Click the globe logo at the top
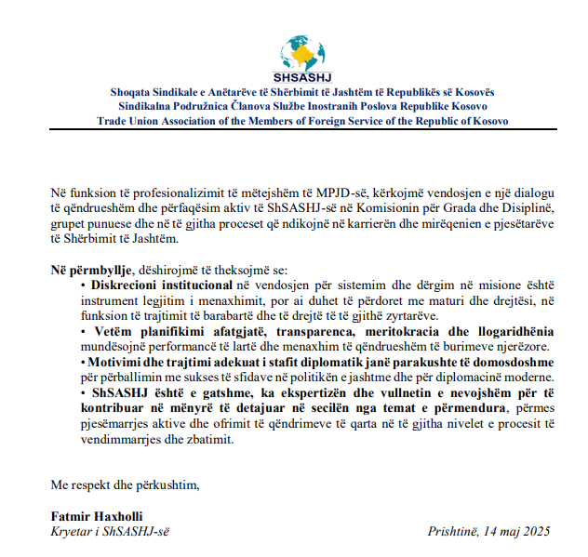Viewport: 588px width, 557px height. (295, 44)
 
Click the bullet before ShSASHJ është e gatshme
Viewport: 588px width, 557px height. (83, 393)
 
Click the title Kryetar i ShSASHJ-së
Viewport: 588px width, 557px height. (110, 532)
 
